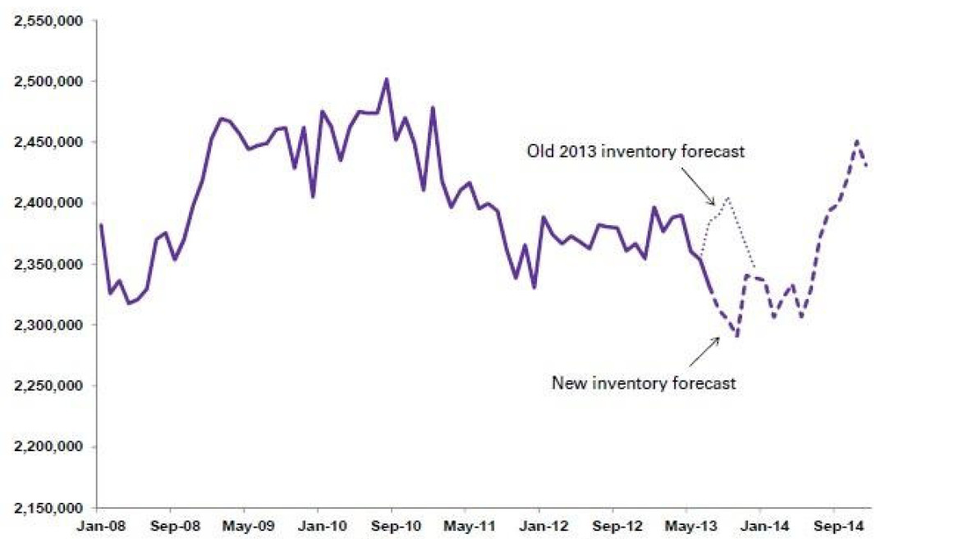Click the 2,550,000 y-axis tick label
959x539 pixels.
point(48,21)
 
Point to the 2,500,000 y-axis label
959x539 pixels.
point(48,81)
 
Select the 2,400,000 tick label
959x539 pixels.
point(48,202)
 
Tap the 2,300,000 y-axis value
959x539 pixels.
point(48,325)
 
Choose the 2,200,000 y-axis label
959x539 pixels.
point(48,447)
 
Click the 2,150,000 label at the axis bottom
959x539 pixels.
point(48,508)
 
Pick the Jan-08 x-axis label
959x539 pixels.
point(100,526)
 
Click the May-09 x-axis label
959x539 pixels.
point(248,526)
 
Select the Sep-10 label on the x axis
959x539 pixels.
point(396,526)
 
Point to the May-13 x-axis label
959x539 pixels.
point(691,526)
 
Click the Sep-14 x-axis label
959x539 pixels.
point(838,526)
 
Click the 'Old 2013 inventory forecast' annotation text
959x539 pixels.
point(636,151)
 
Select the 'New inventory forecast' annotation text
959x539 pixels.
point(644,383)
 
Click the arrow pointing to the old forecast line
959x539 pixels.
point(698,187)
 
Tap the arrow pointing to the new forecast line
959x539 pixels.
point(704,352)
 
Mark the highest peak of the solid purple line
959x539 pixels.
point(387,79)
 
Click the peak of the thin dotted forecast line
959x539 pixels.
point(727,198)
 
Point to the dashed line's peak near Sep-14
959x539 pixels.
point(857,141)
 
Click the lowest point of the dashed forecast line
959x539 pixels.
point(737,336)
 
